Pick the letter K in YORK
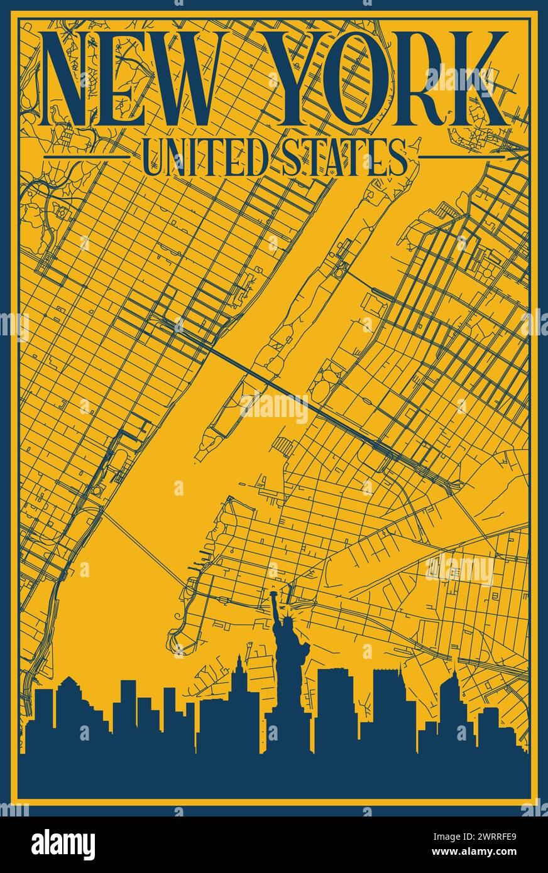click(476, 79)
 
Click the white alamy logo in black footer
click(63, 845)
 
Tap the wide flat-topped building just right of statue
click(336, 703)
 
